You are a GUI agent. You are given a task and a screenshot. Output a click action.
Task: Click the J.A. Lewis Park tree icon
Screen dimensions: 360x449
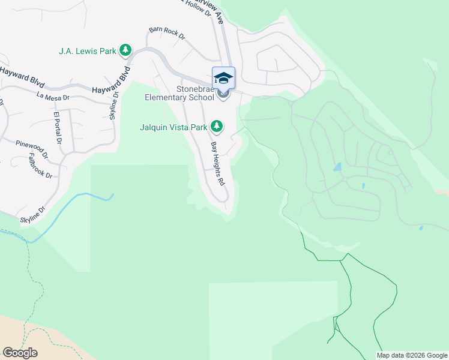tap(125, 50)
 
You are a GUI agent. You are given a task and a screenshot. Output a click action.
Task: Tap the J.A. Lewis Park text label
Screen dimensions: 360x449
tap(87, 51)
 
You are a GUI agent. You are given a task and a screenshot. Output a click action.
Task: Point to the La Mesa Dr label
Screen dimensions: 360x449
tap(53, 96)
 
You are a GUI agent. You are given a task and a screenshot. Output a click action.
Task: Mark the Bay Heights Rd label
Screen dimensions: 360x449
tap(217, 163)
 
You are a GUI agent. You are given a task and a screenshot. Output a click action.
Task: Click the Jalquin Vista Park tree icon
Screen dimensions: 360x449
tap(217, 126)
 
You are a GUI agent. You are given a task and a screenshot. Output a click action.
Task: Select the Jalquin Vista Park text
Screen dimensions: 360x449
tap(173, 127)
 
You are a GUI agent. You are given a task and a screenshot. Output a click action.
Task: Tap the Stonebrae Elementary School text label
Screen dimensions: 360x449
tap(178, 93)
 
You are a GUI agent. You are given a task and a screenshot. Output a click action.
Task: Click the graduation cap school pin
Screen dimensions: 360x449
tap(223, 79)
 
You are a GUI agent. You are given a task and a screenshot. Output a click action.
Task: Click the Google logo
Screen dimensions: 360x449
tap(20, 352)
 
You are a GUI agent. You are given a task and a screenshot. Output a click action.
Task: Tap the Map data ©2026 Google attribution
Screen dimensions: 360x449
tap(412, 355)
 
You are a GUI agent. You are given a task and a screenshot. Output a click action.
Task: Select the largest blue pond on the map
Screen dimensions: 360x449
tap(337, 167)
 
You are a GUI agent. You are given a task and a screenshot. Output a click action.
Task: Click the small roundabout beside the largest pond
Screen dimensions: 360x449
tap(345, 179)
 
